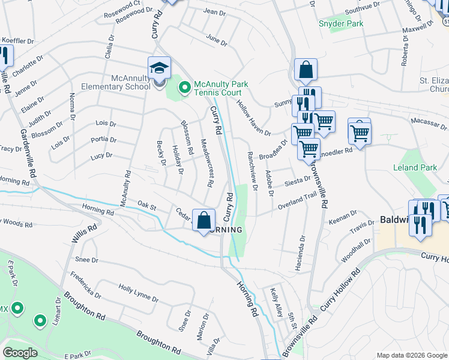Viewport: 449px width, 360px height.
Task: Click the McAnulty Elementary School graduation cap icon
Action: point(159,68)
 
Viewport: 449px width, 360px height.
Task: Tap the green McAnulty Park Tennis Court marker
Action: point(184,89)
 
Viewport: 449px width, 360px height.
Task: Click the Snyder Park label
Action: point(341,23)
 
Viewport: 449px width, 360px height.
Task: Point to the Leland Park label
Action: point(415,168)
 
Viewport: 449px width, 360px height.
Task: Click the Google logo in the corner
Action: point(20,353)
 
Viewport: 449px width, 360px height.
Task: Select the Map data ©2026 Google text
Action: point(411,355)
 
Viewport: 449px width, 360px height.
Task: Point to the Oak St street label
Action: point(147,206)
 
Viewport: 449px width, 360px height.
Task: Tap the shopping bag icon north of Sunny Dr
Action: point(306,70)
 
